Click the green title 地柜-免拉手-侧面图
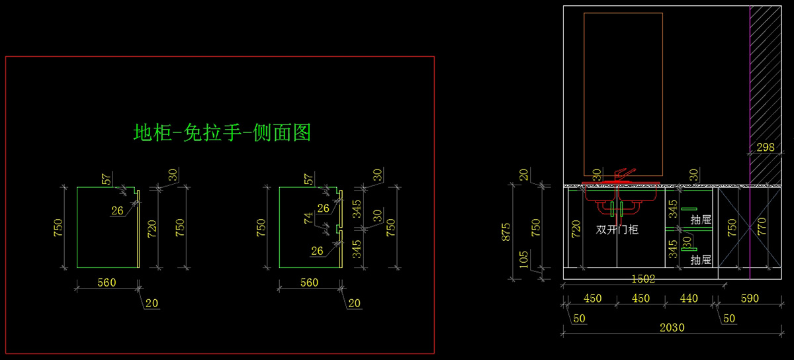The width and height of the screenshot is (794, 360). [x=222, y=132]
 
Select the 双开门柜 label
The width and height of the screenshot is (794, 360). [x=617, y=230]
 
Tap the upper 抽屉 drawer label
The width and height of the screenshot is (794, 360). [x=701, y=219]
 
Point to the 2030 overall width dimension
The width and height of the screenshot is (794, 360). [x=672, y=327]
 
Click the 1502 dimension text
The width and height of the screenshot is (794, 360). [x=642, y=279]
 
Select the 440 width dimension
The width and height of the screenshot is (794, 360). [x=688, y=298]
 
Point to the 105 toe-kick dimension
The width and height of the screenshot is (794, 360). [x=523, y=257]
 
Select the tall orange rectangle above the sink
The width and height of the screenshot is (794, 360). [x=623, y=93]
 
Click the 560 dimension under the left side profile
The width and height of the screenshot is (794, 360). [x=107, y=283]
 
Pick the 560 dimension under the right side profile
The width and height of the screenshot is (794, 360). [x=309, y=283]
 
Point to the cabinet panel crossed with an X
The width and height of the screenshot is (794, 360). [x=734, y=228]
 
